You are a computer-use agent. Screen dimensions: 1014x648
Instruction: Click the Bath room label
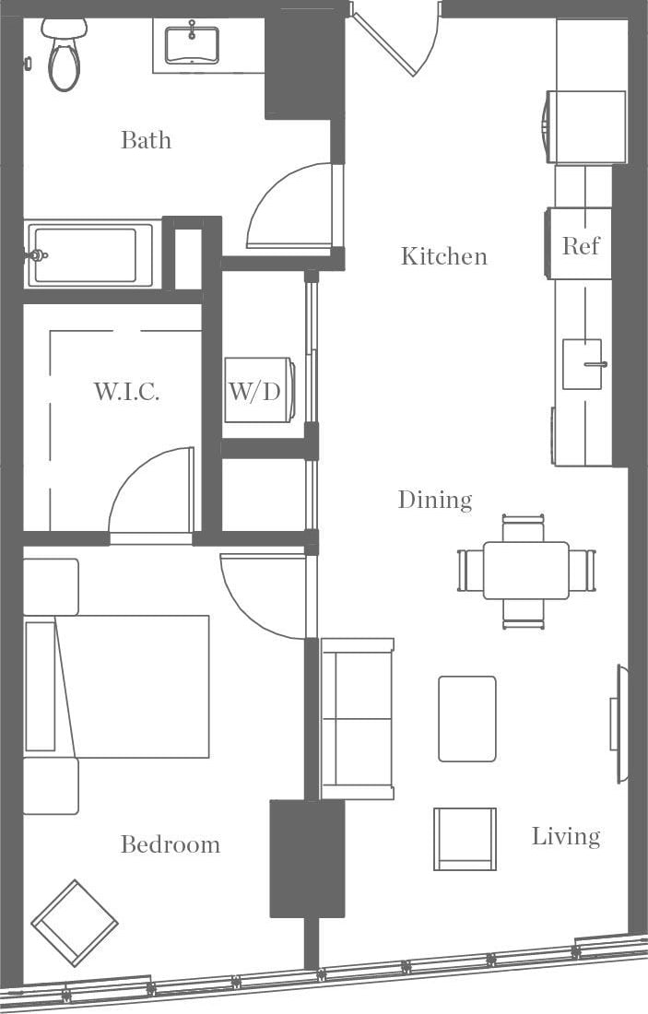coord(146,140)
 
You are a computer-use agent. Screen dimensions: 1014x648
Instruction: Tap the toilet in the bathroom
coord(64,57)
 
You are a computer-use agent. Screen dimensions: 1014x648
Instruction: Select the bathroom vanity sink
coord(192,44)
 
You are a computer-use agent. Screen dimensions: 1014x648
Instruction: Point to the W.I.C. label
coord(126,391)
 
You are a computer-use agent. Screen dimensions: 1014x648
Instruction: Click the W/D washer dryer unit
coord(255,390)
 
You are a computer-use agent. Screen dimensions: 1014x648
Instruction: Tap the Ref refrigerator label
coord(581,245)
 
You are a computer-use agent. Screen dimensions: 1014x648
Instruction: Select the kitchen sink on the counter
coord(583,364)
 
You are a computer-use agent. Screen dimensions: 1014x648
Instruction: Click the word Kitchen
coord(443,256)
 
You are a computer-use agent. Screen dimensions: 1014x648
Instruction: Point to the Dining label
coord(434,500)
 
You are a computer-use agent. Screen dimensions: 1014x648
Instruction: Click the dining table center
coord(525,571)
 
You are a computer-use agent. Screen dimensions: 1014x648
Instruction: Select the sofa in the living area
coord(358,718)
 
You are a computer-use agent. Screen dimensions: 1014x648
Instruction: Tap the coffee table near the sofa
coord(466,719)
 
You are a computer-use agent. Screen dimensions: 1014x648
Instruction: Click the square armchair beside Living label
coord(465,839)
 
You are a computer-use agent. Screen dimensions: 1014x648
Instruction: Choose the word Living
coord(565,836)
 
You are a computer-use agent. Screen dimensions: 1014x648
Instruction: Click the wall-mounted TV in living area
coord(618,724)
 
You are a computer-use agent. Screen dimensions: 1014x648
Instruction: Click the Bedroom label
coord(171,844)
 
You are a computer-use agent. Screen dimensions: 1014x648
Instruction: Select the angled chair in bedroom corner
coord(75,923)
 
